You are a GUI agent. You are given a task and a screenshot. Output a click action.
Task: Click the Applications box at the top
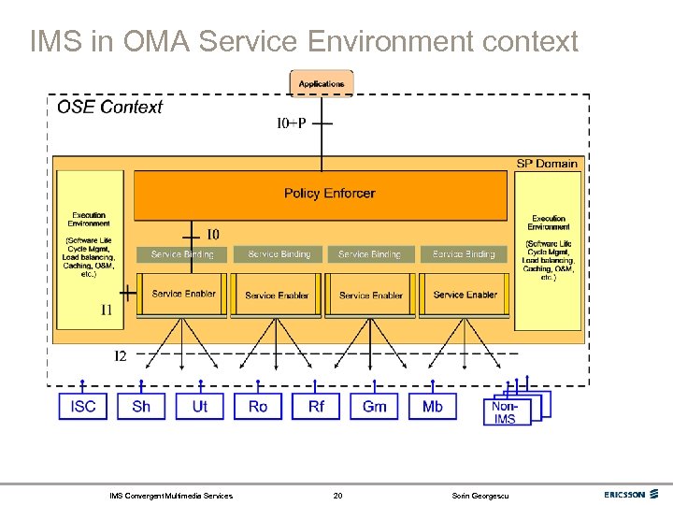coord(322,83)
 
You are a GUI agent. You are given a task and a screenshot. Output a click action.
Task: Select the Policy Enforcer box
coord(329,194)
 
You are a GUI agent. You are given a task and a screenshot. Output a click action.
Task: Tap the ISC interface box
coord(83,406)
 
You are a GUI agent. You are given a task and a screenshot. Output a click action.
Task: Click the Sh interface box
coord(141,406)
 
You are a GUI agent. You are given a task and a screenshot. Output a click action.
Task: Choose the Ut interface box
coord(200,406)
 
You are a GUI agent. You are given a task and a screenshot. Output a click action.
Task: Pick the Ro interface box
coord(258,406)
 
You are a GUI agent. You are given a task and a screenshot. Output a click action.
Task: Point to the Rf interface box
coord(316,406)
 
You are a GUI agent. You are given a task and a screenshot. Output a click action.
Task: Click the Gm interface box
coord(374,406)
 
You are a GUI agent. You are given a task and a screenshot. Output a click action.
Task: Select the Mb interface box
coord(433,406)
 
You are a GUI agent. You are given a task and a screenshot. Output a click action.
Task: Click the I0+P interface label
coord(291,123)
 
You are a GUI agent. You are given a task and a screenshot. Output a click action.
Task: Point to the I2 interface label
coord(122,355)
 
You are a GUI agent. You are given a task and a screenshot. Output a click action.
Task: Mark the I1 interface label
coord(107,309)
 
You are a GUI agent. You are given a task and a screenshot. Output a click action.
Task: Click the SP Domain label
coord(547,164)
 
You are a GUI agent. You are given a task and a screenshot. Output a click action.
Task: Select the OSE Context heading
coord(109,107)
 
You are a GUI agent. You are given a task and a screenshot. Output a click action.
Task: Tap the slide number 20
coord(337,495)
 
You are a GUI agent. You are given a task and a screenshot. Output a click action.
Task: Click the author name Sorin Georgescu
coord(480,495)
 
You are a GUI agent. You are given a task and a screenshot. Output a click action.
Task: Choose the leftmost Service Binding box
coord(182,254)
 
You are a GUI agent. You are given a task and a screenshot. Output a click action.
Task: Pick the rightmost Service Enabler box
coord(465,295)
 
